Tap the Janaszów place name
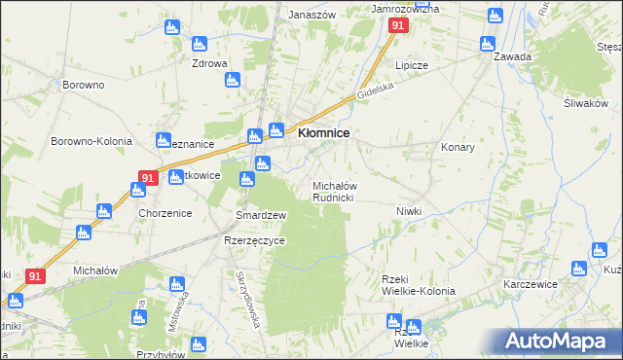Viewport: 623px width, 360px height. click(x=312, y=15)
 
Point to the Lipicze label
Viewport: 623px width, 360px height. click(x=412, y=65)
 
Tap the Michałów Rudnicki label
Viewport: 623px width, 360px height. click(x=339, y=191)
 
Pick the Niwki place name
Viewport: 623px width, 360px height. click(x=408, y=211)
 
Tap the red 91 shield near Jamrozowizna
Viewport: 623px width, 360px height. click(x=398, y=27)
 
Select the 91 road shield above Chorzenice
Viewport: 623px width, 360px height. click(x=148, y=178)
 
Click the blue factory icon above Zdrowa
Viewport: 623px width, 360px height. click(x=199, y=44)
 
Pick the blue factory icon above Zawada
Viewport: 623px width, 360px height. click(x=487, y=44)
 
